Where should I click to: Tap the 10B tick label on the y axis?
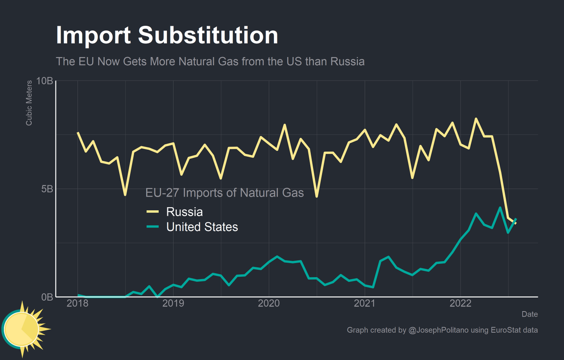click(44, 81)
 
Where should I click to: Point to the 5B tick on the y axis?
click(47, 189)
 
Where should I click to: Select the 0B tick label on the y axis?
click(47, 297)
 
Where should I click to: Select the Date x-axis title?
click(530, 314)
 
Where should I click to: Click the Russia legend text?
click(184, 211)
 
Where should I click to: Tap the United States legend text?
click(202, 227)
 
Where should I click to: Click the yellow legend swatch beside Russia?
click(153, 211)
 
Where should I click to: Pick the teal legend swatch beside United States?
click(153, 227)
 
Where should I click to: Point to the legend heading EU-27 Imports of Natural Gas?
click(224, 193)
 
